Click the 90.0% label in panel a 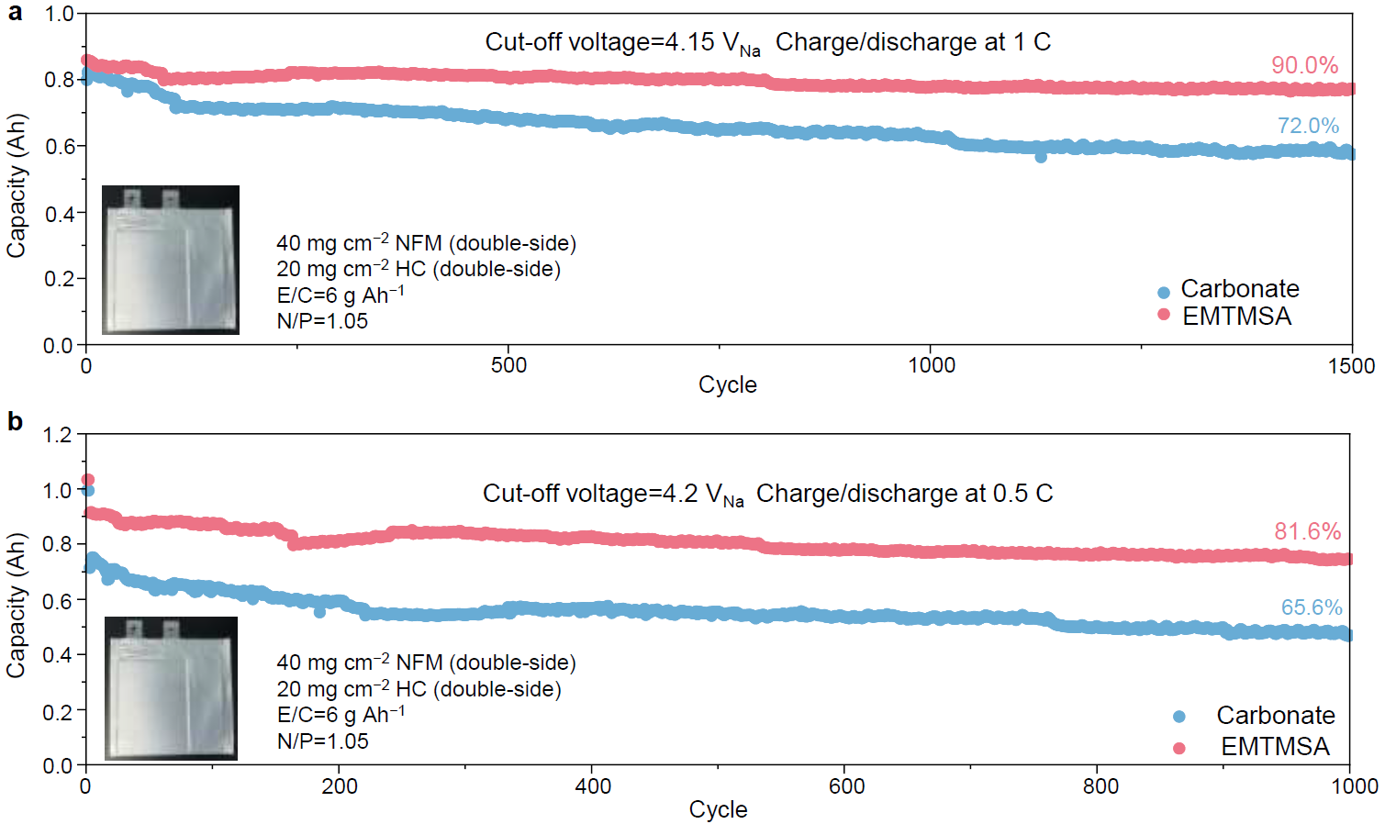click(1303, 65)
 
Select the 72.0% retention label click(1308, 126)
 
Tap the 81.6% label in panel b click(1307, 531)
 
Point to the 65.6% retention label click(1312, 607)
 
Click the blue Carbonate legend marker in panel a click(1164, 293)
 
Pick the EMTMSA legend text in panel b click(1275, 747)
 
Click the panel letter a click(15, 14)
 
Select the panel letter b click(15, 421)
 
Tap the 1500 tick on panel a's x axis click(1351, 366)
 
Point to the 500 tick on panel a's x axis click(508, 365)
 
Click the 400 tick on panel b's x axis click(593, 786)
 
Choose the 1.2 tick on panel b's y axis click(57, 435)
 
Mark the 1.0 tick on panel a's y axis click(59, 15)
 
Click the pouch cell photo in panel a click(171, 260)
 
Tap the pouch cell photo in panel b click(171, 688)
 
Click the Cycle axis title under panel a click(727, 384)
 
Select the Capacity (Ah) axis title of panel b click(16, 606)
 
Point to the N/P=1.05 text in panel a click(322, 321)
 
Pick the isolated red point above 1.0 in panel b click(88, 480)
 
